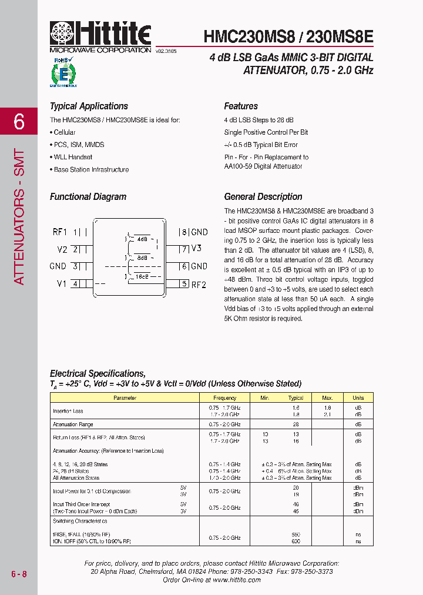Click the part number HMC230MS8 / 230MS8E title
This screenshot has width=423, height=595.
click(288, 36)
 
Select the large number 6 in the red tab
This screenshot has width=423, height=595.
click(19, 122)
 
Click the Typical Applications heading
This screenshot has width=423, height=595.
click(89, 106)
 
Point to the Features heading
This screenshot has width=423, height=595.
click(241, 106)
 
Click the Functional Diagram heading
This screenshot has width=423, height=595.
click(88, 197)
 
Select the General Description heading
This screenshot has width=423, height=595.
click(263, 197)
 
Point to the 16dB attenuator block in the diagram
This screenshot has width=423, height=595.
click(142, 276)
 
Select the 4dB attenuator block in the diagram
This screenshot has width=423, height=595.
click(142, 239)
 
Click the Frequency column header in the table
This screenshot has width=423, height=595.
click(225, 398)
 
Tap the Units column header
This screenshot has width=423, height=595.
click(358, 398)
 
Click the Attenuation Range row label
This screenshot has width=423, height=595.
click(73, 424)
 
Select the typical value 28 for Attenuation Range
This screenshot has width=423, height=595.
click(296, 424)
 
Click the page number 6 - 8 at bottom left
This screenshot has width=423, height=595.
click(19, 573)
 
